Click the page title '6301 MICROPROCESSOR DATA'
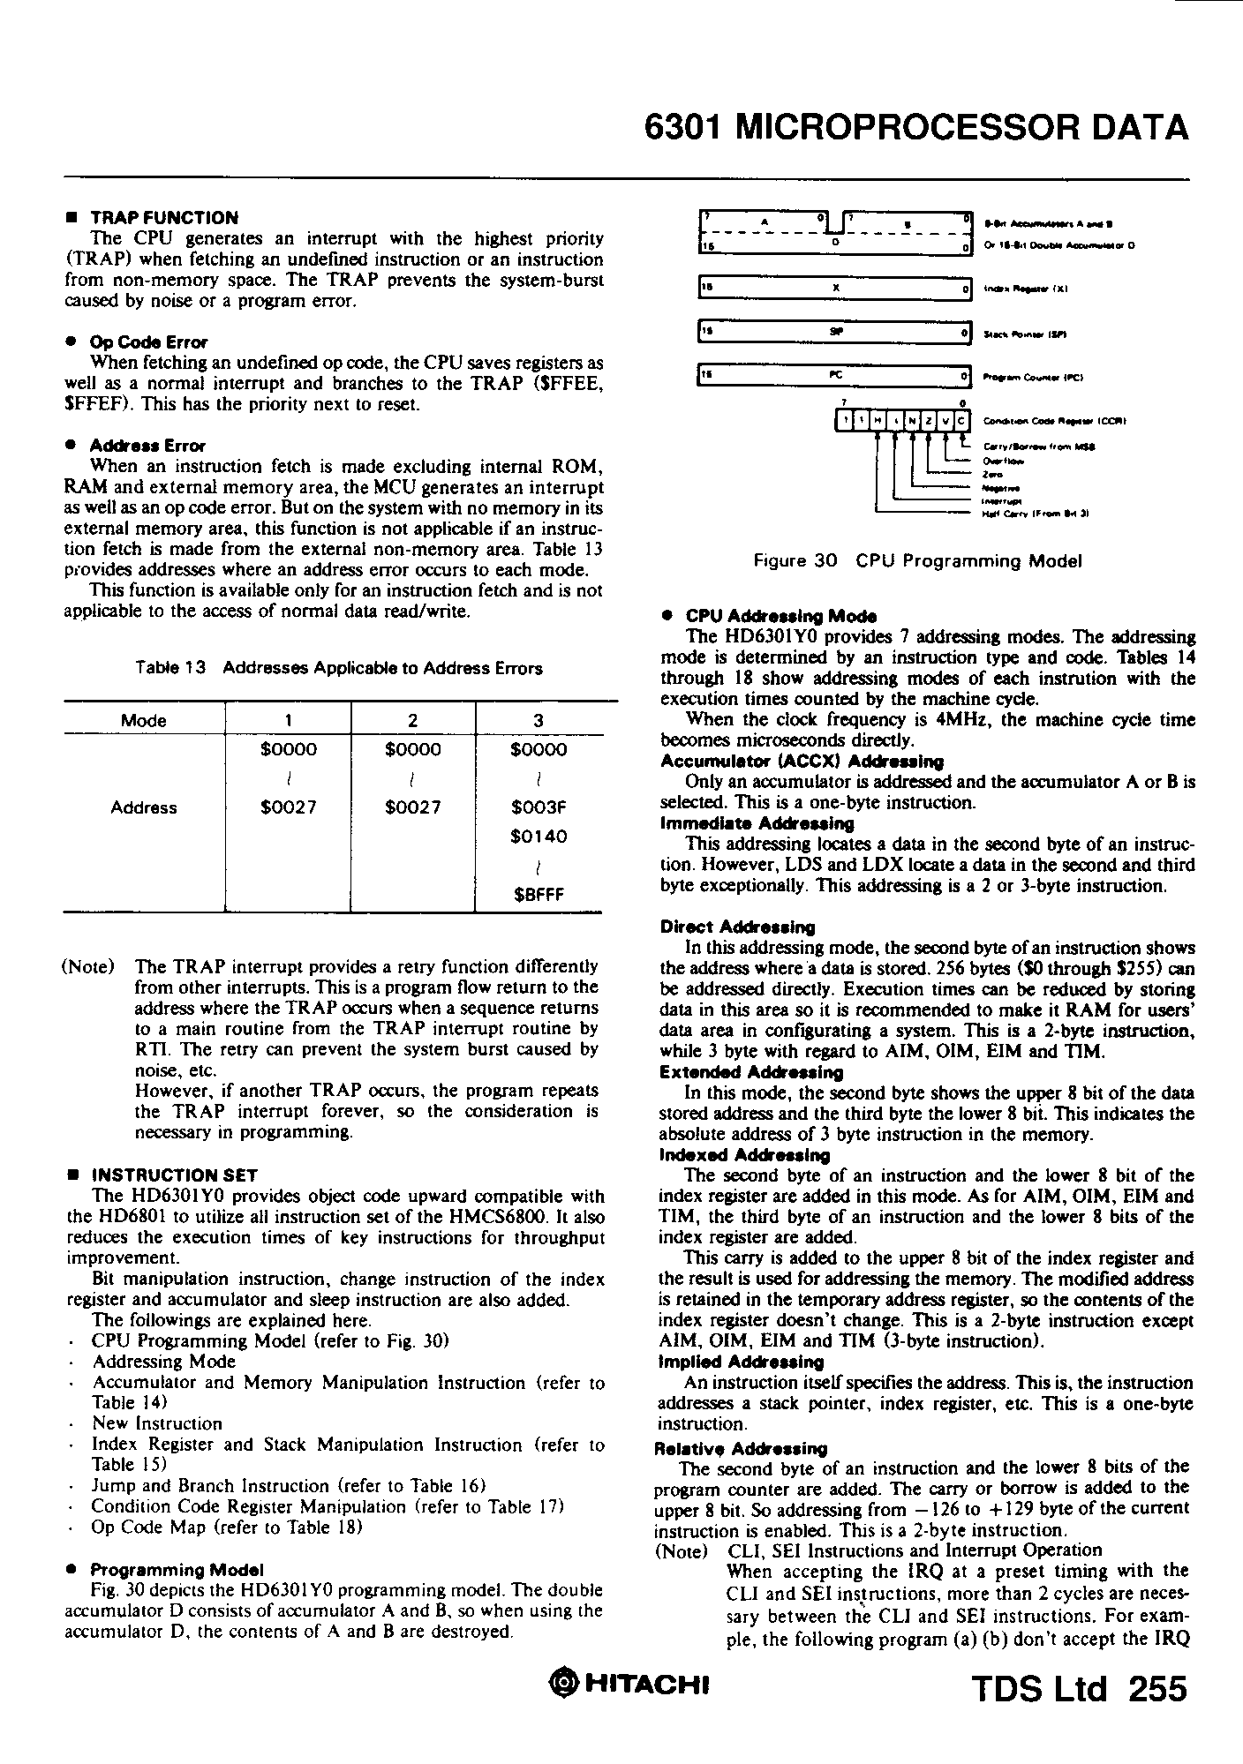pyautogui.click(x=916, y=129)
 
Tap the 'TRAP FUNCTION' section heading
pyautogui.click(x=164, y=218)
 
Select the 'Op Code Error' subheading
pyautogui.click(x=149, y=342)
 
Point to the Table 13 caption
pyautogui.click(x=339, y=668)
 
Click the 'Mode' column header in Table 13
pyautogui.click(x=144, y=721)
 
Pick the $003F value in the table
pyautogui.click(x=539, y=807)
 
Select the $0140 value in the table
pyautogui.click(x=539, y=836)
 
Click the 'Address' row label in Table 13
pyautogui.click(x=144, y=807)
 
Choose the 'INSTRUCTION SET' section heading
pyautogui.click(x=174, y=1175)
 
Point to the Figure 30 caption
pyautogui.click(x=916, y=561)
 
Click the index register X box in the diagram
pyautogui.click(x=833, y=289)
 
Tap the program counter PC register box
pyautogui.click(x=833, y=377)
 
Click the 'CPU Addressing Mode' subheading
pyautogui.click(x=780, y=616)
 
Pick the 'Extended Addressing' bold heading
pyautogui.click(x=750, y=1072)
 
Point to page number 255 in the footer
pyautogui.click(x=1156, y=1689)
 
